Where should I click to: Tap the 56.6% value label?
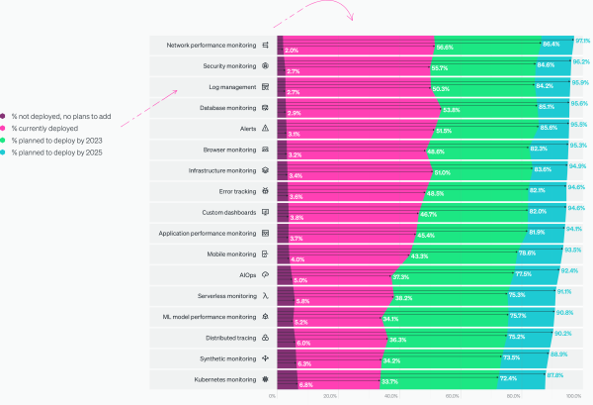coord(445,47)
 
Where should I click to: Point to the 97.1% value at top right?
coord(582,41)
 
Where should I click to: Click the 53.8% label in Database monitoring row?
coord(450,110)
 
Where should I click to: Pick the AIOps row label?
coord(247,273)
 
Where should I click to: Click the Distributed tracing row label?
coord(230,336)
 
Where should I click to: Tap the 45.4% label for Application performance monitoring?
coord(426,235)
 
